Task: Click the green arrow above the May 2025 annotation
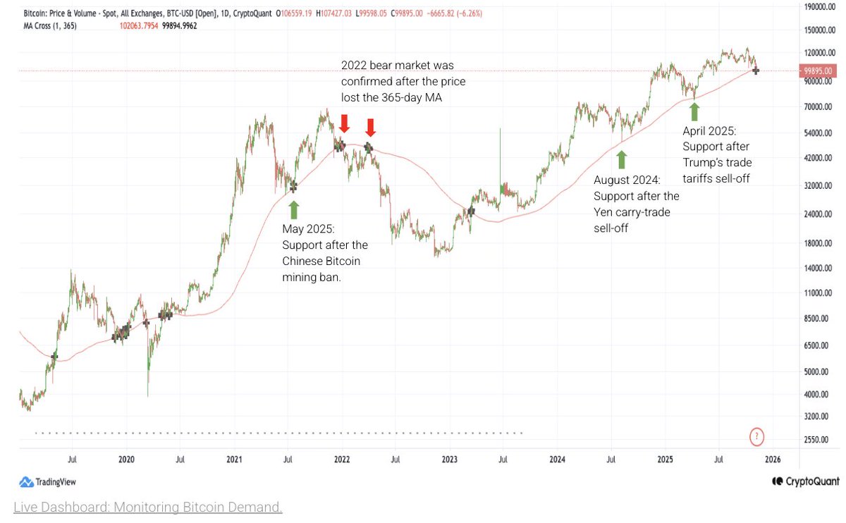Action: (x=293, y=209)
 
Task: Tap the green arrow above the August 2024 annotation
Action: (x=621, y=158)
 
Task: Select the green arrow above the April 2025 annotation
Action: (x=694, y=111)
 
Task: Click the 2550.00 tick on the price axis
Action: (x=818, y=439)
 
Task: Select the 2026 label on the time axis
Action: (x=773, y=460)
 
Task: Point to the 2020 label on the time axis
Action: (x=126, y=460)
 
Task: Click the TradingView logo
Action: (x=47, y=482)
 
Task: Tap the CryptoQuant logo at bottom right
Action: (x=805, y=481)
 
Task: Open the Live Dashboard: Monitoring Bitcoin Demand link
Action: (x=148, y=507)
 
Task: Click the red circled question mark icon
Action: (x=757, y=436)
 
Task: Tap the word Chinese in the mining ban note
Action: (x=305, y=261)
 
